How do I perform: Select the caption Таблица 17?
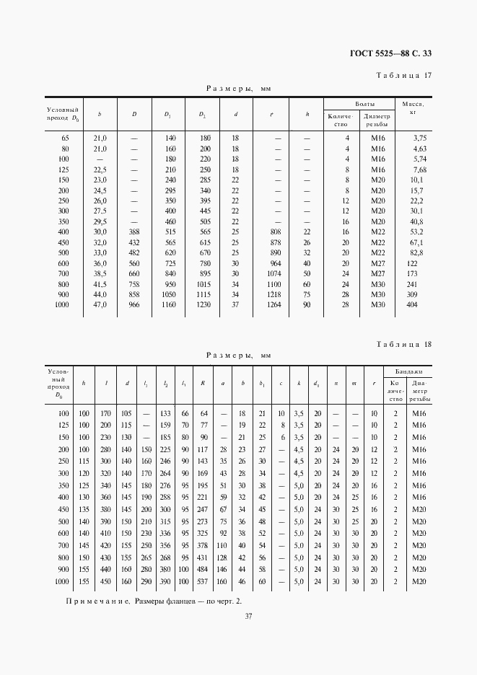point(404,76)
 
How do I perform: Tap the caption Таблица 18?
point(404,344)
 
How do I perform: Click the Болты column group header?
point(359,104)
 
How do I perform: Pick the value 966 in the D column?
point(134,305)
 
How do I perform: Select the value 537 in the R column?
point(203,581)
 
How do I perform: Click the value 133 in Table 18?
point(166,413)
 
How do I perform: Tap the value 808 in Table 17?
point(274,231)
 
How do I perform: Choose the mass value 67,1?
point(419,242)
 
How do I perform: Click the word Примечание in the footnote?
point(97,600)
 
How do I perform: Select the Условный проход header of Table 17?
point(62,112)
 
